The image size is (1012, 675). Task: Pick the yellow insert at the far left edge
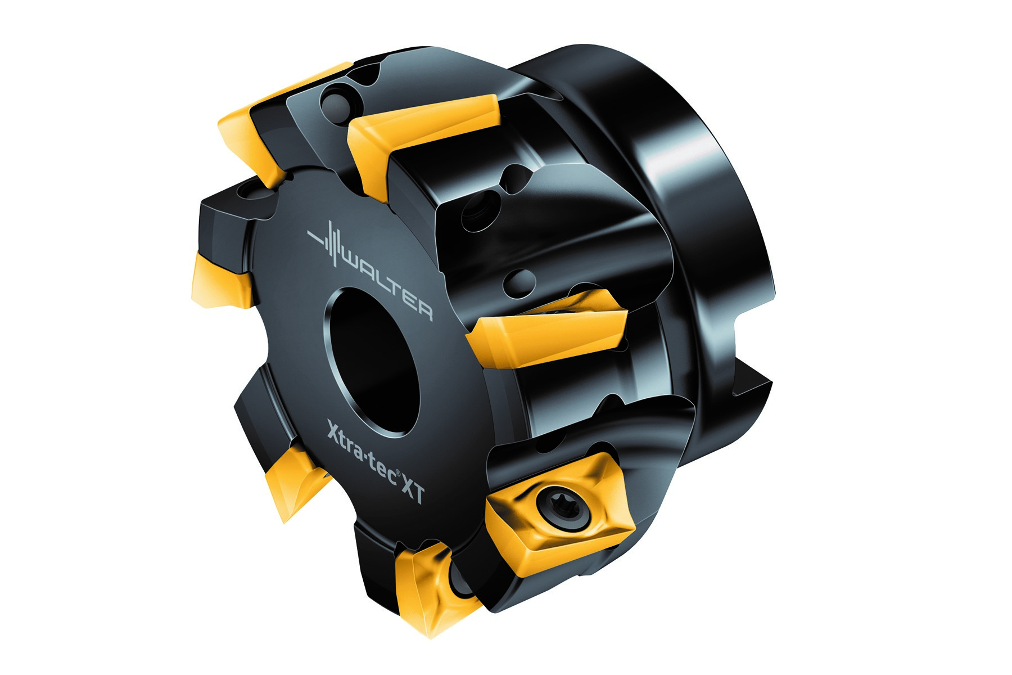[x=216, y=281]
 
